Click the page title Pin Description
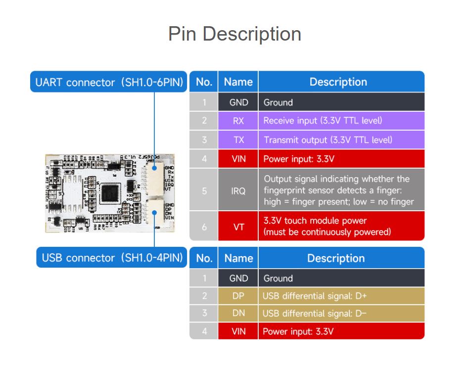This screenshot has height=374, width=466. point(234,34)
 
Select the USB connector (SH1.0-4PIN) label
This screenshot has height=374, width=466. point(112,258)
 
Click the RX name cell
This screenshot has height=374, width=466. point(238,121)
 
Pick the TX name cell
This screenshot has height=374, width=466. point(238,140)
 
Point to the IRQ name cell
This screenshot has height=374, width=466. point(238,190)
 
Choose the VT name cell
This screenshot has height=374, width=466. point(238,227)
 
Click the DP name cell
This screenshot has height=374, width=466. point(238,296)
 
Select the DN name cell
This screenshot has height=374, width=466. point(238,313)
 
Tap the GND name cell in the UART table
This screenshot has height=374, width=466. point(238,102)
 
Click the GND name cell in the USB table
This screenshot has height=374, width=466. point(238,278)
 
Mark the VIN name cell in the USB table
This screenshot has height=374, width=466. point(238,331)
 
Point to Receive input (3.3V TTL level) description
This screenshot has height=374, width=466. point(323,121)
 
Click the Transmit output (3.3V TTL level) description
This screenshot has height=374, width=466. point(328,140)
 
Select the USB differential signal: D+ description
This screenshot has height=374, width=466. point(314,296)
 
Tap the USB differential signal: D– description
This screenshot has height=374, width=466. point(314,313)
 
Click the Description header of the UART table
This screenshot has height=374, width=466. point(338,82)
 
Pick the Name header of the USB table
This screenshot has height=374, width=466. point(238,258)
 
